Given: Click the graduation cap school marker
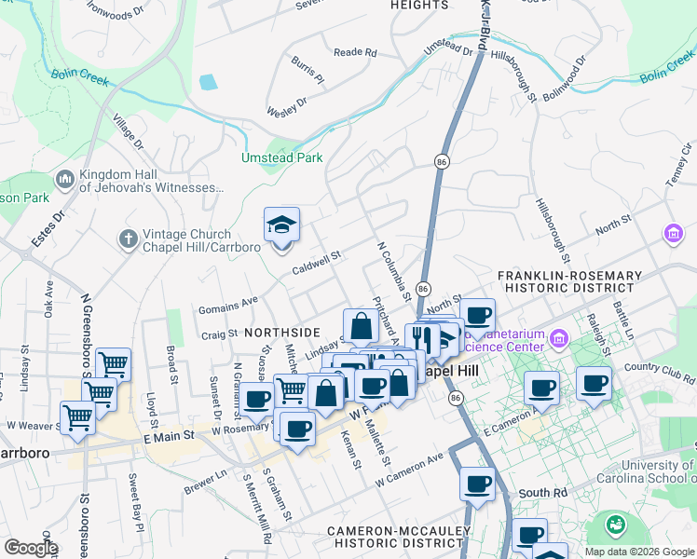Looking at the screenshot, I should pyautogui.click(x=281, y=226).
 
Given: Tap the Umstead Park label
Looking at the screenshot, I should pyautogui.click(x=281, y=157).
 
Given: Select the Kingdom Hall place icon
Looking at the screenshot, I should pyautogui.click(x=65, y=178).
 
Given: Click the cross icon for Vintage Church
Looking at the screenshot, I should pyautogui.click(x=130, y=239).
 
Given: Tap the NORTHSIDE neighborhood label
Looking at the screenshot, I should pyautogui.click(x=281, y=332).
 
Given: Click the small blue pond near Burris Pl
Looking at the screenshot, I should pyautogui.click(x=208, y=82).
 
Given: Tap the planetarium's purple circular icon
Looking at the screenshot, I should pyautogui.click(x=559, y=336).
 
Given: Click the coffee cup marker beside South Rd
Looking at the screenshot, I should pyautogui.click(x=477, y=484).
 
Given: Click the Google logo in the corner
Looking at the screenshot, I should pyautogui.click(x=30, y=547).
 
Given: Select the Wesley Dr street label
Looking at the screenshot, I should pyautogui.click(x=287, y=105).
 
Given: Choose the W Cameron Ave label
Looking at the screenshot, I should pyautogui.click(x=410, y=471).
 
